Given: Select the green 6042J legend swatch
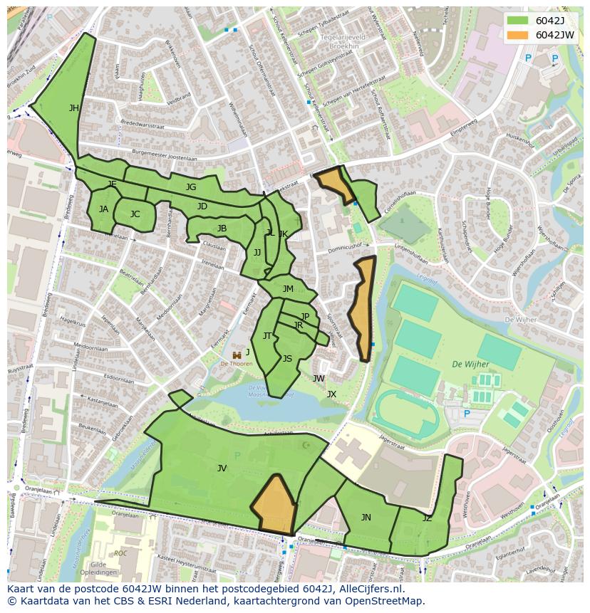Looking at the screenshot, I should coord(517,21).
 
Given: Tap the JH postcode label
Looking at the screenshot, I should coord(74,108).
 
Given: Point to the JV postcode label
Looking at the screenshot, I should coord(222,468).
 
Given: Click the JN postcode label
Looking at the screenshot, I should coord(366,518).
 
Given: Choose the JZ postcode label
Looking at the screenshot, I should coord(427,518).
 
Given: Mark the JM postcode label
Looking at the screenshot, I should coord(288,289).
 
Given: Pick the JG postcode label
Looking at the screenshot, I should coord(191,187).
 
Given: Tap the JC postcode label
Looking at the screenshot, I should coord(135,214).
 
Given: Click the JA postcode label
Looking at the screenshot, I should coord(104,209).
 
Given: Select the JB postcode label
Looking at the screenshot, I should coord(222,229).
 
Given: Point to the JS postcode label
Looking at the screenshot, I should coord(287,359).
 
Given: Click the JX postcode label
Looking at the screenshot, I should coord(331,394).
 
